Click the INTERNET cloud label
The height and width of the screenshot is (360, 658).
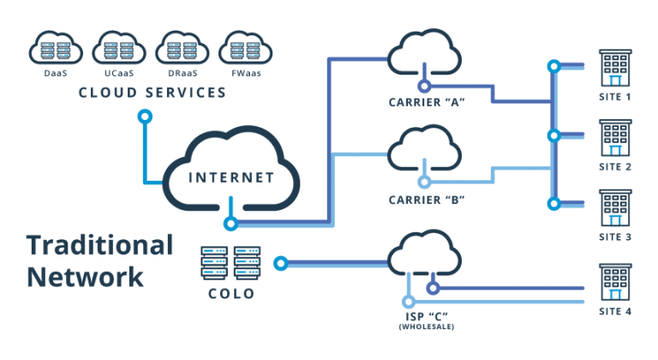pyautogui.click(x=231, y=178)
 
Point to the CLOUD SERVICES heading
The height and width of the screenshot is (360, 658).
pyautogui.click(x=153, y=92)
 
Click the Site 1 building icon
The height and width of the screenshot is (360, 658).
pyautogui.click(x=615, y=69)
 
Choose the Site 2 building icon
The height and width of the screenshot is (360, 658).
pyautogui.click(x=615, y=138)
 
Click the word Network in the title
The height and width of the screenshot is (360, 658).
pyautogui.click(x=84, y=277)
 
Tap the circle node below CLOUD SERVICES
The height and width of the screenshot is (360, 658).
pyautogui.click(x=145, y=115)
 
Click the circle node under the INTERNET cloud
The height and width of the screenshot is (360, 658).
pyautogui.click(x=230, y=224)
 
